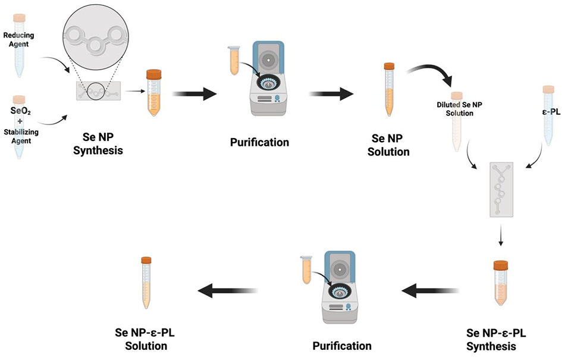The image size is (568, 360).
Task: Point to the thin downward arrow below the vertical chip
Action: coord(501,237)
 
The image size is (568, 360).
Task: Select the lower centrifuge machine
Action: coord(337,286)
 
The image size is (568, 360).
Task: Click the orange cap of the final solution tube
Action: coord(146,260)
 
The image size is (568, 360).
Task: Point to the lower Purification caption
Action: coord(341,345)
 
